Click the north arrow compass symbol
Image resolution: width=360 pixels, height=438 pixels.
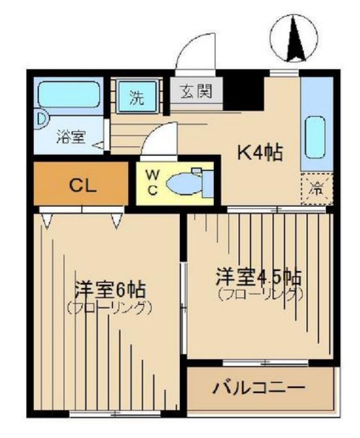pyautogui.click(x=294, y=38)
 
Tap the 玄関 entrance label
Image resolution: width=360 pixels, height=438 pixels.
pyautogui.click(x=196, y=93)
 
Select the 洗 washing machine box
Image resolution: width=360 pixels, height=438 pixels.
pyautogui.click(x=137, y=98)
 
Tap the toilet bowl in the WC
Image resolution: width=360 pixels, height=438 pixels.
pyautogui.click(x=186, y=184)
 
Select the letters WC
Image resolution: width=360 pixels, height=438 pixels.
pyautogui.click(x=153, y=182)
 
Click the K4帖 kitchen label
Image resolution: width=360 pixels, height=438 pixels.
pyautogui.click(x=260, y=153)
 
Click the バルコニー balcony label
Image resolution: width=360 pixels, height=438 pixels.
pyautogui.click(x=259, y=388)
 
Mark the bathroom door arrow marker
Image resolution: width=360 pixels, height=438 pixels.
pyautogui.click(x=98, y=145)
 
